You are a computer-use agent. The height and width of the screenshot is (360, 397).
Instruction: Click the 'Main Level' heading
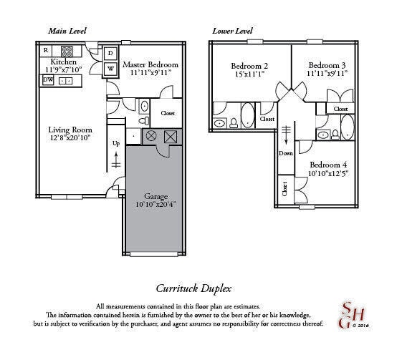tap(67, 31)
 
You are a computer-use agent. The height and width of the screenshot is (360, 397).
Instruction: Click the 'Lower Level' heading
tap(233, 31)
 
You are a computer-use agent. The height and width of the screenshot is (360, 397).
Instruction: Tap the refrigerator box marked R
tap(46, 50)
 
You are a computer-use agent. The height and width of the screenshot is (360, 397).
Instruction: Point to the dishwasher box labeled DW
tap(48, 80)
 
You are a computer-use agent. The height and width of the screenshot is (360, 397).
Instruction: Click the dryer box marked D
tap(111, 53)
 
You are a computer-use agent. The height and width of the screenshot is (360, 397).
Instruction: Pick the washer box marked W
tap(111, 69)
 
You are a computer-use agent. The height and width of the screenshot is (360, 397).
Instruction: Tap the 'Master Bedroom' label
tap(150, 65)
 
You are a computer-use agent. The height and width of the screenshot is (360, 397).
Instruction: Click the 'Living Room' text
tap(69, 130)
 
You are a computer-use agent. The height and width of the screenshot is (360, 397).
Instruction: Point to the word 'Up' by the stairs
tap(116, 143)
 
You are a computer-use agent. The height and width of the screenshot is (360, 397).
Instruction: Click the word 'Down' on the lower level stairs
tap(287, 152)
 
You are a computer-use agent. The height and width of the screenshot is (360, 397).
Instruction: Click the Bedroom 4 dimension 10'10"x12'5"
tap(327, 173)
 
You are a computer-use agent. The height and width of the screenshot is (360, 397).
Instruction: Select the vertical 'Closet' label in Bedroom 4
tap(284, 190)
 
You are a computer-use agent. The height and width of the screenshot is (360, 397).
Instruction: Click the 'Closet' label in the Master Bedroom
tap(168, 113)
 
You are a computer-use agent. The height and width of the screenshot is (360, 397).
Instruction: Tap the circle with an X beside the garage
tap(150, 135)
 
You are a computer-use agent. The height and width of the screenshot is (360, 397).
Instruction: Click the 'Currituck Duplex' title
tap(193, 288)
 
